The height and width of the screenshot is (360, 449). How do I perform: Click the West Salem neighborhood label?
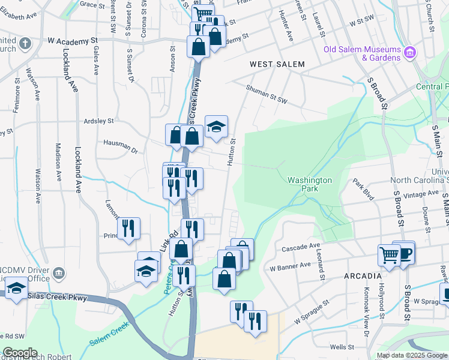[x=277, y=64]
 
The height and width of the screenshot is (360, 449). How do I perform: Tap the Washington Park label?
[x=309, y=184]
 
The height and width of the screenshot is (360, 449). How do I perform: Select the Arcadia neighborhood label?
[x=363, y=276]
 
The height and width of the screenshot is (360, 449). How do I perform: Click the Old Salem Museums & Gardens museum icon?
[x=411, y=53]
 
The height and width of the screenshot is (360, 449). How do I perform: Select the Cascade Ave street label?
[x=298, y=247]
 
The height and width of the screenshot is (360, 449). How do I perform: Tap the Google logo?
[x=19, y=353]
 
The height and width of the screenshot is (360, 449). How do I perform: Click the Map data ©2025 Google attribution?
[x=412, y=355]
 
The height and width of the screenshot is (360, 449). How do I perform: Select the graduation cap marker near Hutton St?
[x=216, y=126]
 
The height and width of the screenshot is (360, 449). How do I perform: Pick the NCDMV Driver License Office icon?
[x=59, y=274]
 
